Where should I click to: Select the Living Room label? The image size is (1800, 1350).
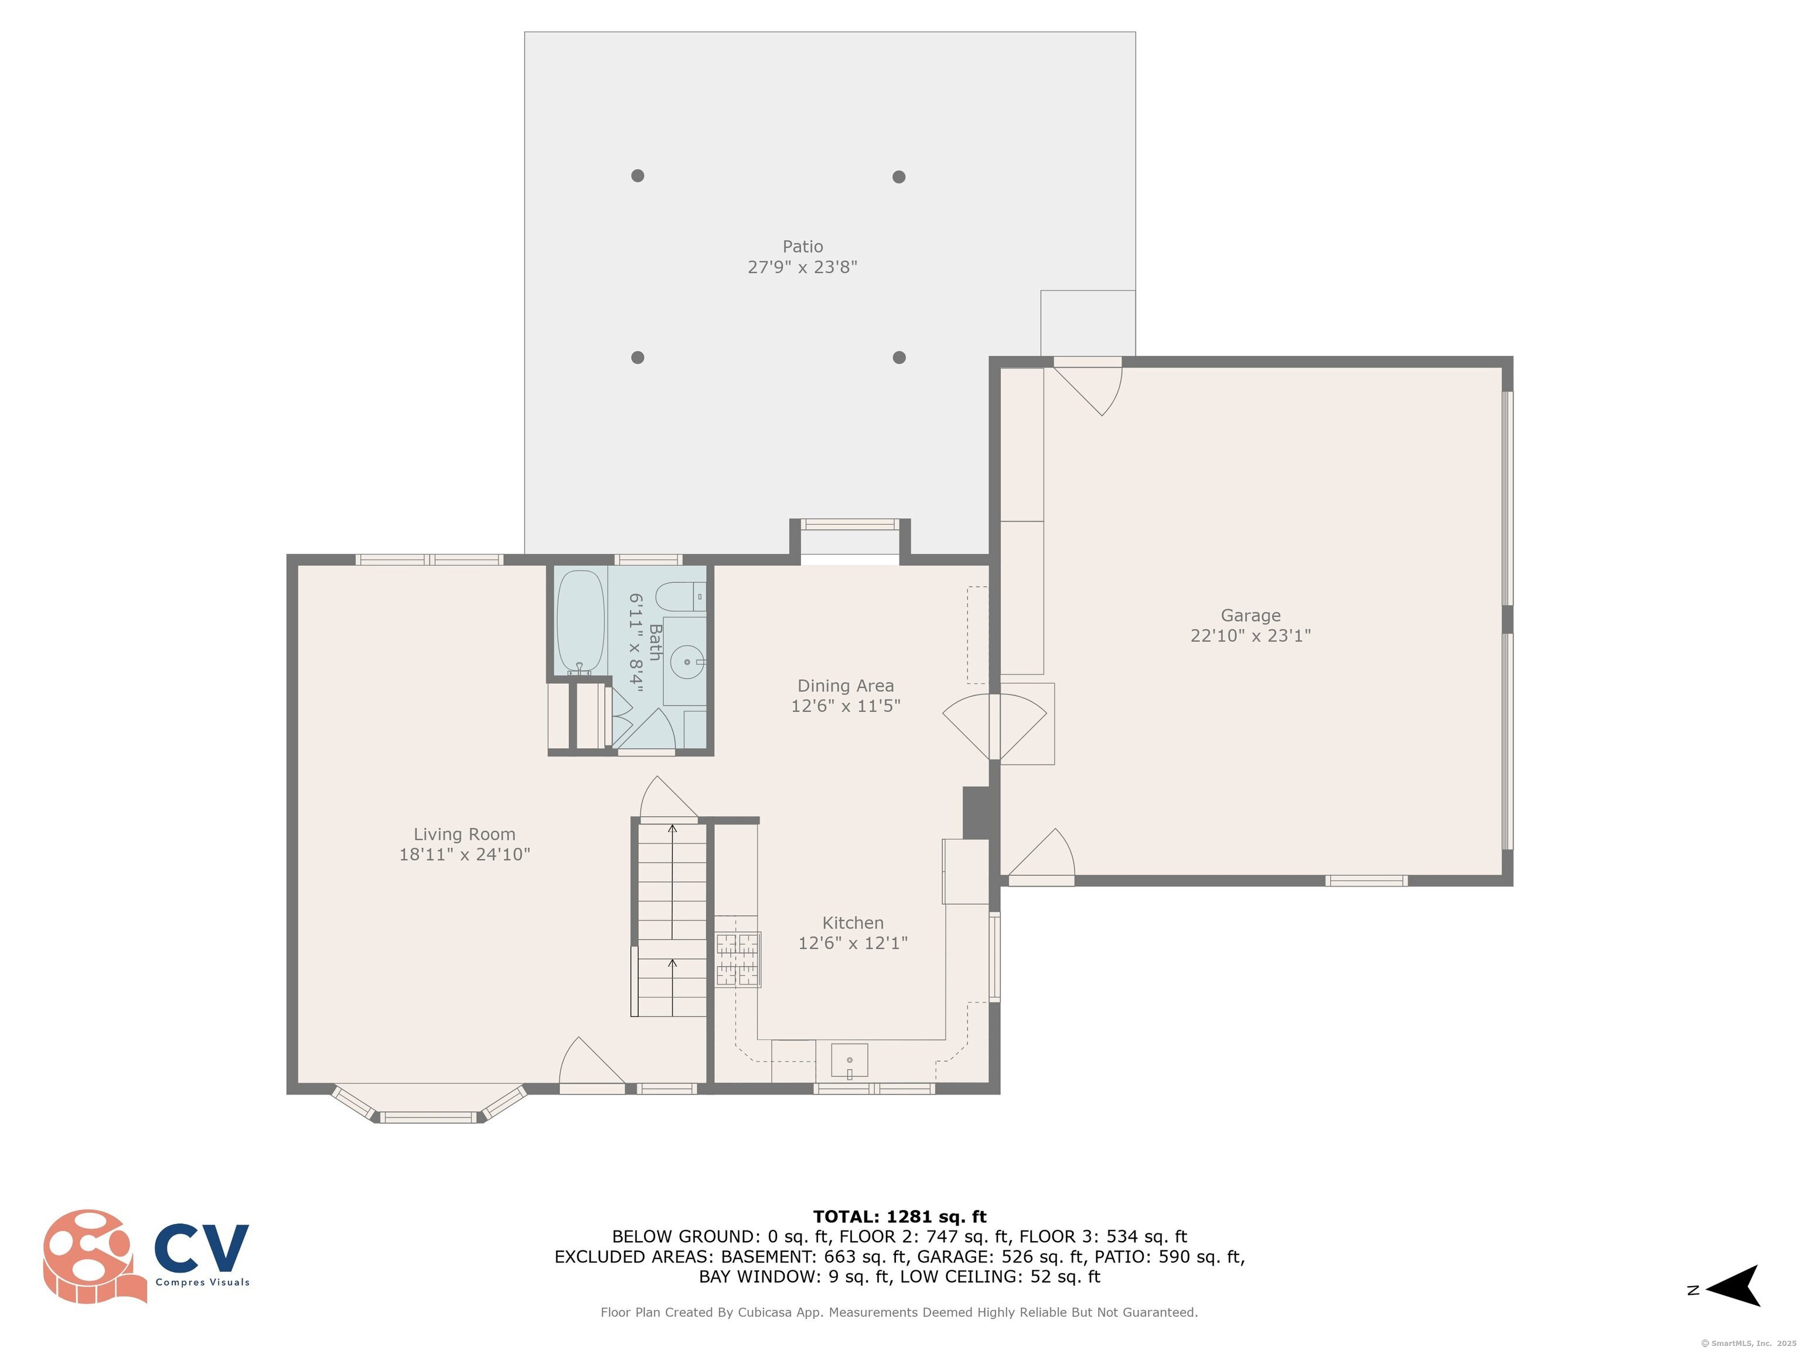464,834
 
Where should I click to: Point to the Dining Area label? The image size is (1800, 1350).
846,686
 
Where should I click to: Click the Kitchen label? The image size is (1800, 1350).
853,923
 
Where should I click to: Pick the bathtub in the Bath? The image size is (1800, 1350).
580,622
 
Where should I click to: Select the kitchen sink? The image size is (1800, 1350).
849,1061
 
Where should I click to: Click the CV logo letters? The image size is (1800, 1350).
202,1248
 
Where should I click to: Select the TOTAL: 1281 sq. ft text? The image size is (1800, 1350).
899,1216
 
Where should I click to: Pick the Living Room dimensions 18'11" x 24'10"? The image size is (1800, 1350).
464,854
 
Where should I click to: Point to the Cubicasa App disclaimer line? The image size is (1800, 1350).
899,1312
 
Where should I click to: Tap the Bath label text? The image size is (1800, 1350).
656,642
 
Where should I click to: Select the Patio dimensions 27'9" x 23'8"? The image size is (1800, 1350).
802,267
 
